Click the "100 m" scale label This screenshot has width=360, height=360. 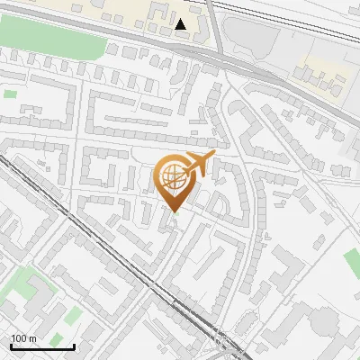click(23, 338)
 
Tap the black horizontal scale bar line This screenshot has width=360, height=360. click(41, 346)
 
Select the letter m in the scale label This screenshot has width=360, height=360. click(32, 338)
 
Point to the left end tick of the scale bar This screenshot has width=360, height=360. click(10, 344)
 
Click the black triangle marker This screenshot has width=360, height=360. click(182, 24)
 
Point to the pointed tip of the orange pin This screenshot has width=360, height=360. click(174, 211)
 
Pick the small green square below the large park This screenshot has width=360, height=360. click(10, 93)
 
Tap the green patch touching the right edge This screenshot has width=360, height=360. click(352, 263)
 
